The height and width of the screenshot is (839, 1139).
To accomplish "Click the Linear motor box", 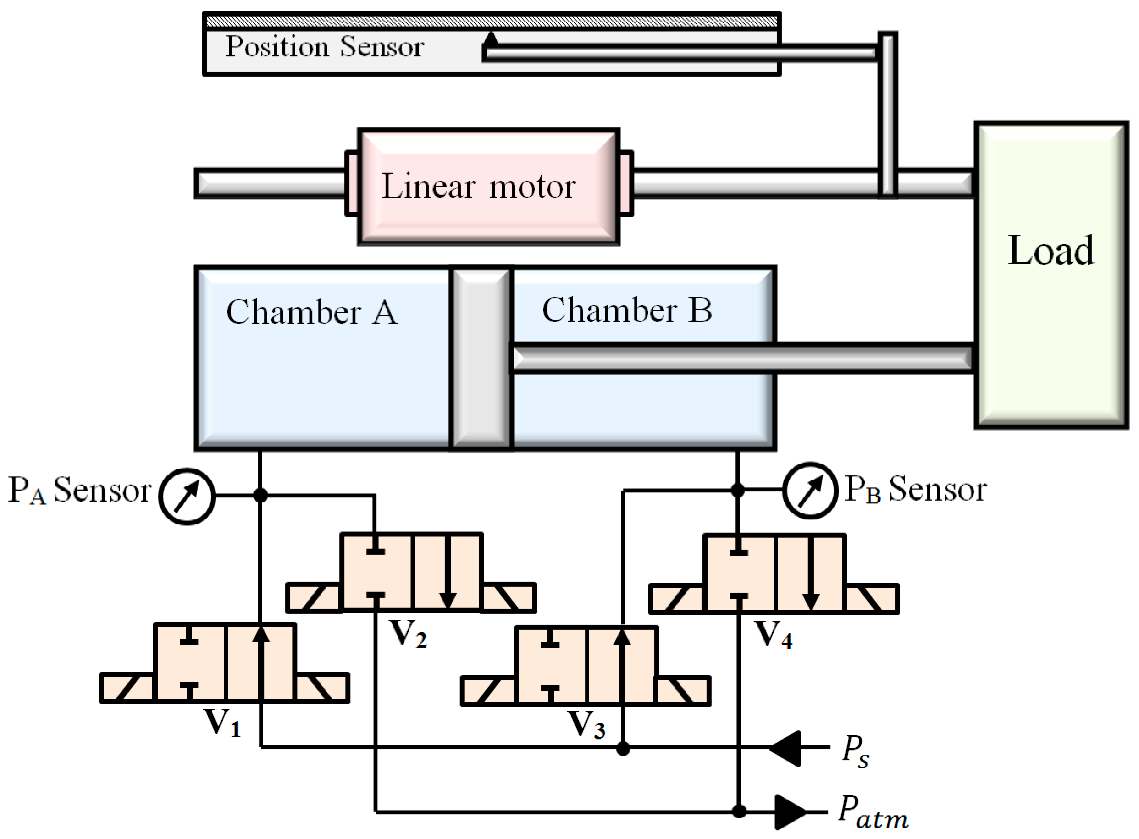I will click(x=488, y=187).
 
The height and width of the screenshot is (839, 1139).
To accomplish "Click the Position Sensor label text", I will click(x=325, y=47).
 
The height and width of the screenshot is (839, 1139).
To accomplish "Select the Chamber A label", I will click(x=311, y=312).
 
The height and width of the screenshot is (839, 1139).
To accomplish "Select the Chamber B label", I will click(x=627, y=310).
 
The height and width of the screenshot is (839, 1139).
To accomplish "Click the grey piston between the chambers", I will click(x=481, y=358).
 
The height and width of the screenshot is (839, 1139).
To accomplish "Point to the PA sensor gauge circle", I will click(x=187, y=496).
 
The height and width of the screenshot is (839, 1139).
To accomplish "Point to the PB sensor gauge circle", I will click(x=809, y=490).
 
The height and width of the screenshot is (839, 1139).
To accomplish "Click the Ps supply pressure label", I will click(x=856, y=751).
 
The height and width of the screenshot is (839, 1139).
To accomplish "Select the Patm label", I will click(x=873, y=812).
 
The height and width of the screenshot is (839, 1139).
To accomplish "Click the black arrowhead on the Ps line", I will click(x=785, y=748).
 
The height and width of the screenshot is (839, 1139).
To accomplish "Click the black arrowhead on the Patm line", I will click(x=789, y=811).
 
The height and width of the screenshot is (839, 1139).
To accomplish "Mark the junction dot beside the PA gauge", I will click(x=260, y=495).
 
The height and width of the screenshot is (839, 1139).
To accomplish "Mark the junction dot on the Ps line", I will click(x=623, y=749).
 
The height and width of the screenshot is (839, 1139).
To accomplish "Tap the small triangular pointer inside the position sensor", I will click(x=491, y=39).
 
